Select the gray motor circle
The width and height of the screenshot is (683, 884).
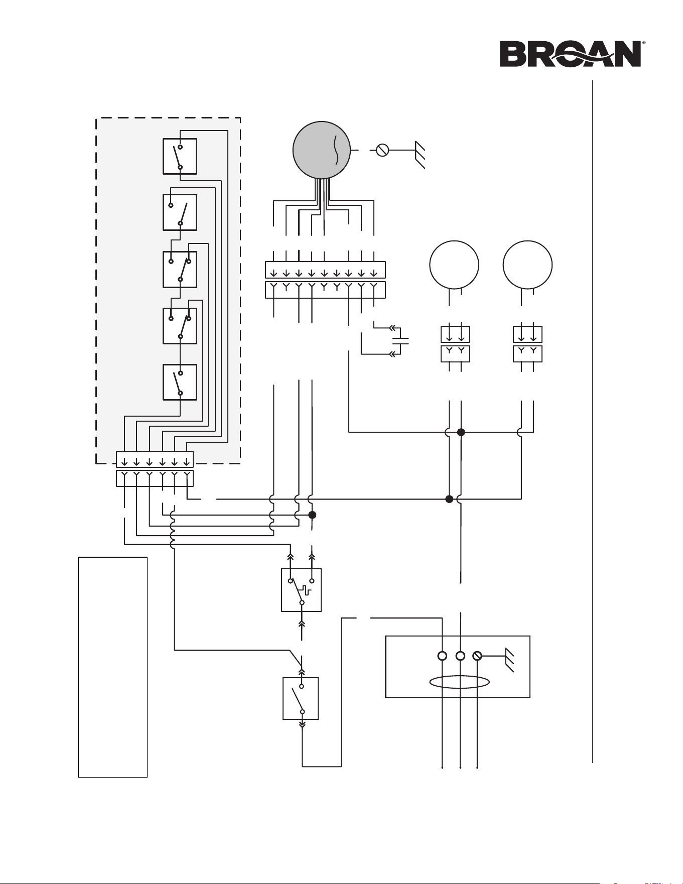(x=322, y=150)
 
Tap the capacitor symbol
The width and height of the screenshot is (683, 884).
(x=400, y=341)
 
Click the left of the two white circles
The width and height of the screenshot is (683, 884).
(x=454, y=265)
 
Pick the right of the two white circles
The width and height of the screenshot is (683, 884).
(x=527, y=265)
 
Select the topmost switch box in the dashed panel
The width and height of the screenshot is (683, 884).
(x=180, y=157)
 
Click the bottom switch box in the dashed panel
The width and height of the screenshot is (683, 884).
(x=180, y=382)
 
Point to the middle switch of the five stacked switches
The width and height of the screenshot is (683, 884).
(x=180, y=270)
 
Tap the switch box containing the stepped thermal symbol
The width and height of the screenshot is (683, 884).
(x=301, y=590)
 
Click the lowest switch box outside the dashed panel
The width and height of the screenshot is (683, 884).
(x=301, y=698)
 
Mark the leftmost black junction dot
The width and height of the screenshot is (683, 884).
(x=312, y=515)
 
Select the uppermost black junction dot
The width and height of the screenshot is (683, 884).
(x=461, y=432)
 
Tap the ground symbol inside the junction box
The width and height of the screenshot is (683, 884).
(x=509, y=660)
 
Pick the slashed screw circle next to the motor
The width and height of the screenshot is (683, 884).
(x=382, y=150)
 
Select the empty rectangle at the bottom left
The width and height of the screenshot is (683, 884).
(x=113, y=667)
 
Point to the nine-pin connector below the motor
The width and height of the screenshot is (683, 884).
(x=325, y=280)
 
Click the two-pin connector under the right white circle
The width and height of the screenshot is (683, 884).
(x=527, y=344)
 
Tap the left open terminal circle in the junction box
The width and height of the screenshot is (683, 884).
(x=442, y=656)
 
